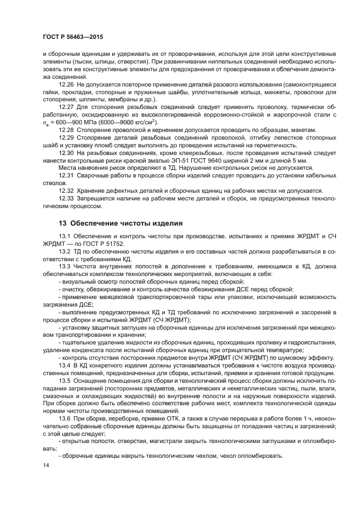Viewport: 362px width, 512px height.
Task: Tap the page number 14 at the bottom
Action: [x=45, y=465]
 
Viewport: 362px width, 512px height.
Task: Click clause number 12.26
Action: [x=67, y=85]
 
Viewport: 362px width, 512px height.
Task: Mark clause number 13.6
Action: [x=65, y=417]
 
